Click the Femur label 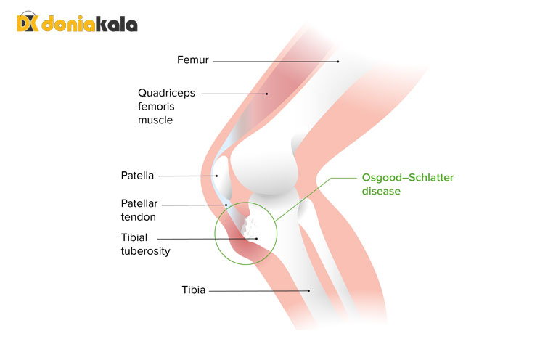tap(193, 60)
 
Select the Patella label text tap(136, 176)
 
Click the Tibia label tap(194, 290)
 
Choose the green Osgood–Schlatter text tap(403, 179)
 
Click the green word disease tap(381, 192)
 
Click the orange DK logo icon tap(28, 23)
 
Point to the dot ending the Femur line tap(337, 62)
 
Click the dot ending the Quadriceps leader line tap(266, 93)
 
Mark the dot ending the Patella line tap(216, 176)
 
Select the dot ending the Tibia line tap(309, 291)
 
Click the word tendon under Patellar tap(139, 216)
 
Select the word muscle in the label tap(155, 120)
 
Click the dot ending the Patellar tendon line tap(226, 205)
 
